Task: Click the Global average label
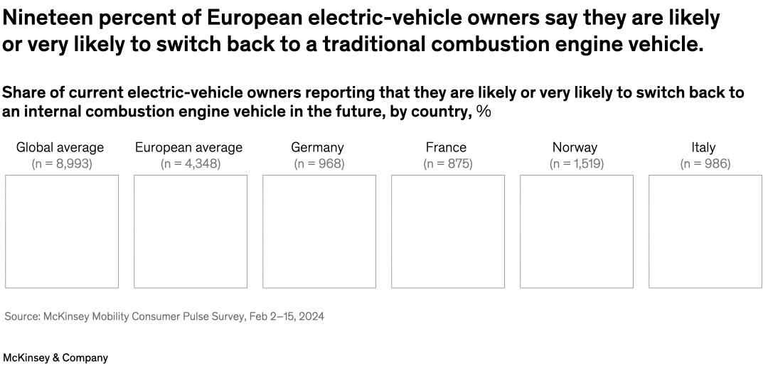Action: (x=60, y=148)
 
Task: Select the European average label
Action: (x=188, y=148)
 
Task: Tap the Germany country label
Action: (x=317, y=148)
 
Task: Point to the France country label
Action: (x=447, y=148)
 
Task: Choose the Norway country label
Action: (x=575, y=148)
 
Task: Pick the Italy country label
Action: (x=703, y=148)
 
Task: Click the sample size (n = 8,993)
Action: (x=62, y=164)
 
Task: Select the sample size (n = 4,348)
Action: (x=191, y=164)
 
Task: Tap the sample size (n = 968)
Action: (x=319, y=164)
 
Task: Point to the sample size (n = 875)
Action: (x=448, y=164)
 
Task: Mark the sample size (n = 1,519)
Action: (x=577, y=164)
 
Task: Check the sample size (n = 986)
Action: (x=705, y=164)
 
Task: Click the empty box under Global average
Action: (x=62, y=232)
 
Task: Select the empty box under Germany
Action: (x=319, y=232)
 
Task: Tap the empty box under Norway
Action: (x=577, y=232)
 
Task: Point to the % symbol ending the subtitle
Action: (x=484, y=112)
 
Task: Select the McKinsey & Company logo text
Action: (x=56, y=357)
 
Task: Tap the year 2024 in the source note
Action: (x=311, y=316)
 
